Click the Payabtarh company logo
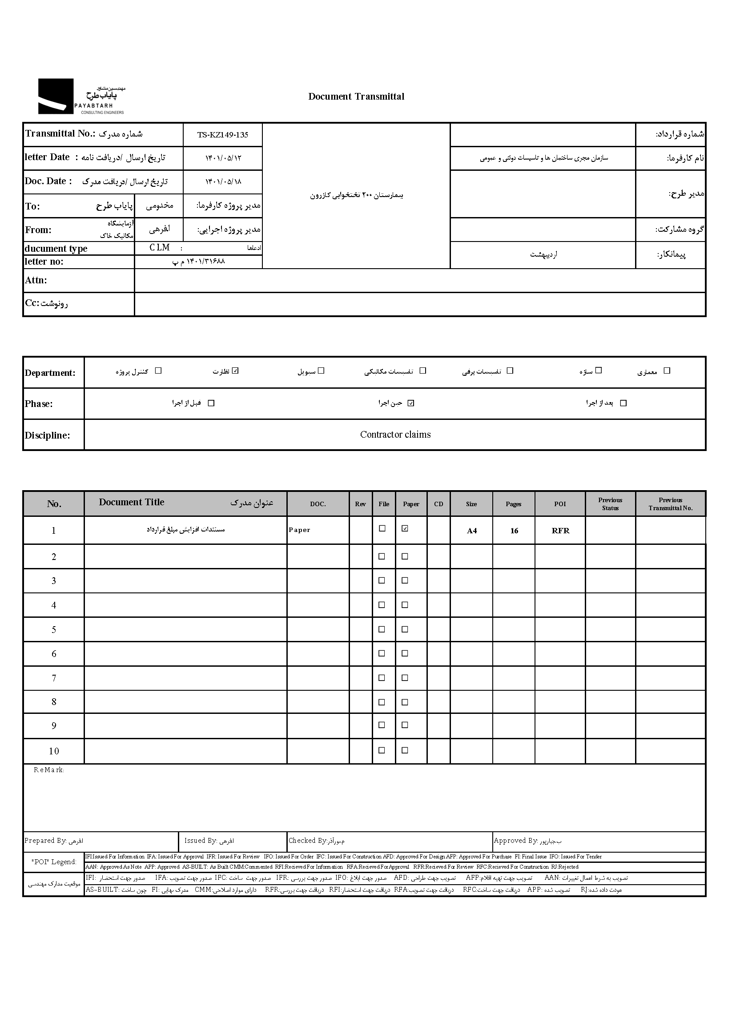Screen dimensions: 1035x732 (81, 97)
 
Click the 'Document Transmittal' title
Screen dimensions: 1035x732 (356, 97)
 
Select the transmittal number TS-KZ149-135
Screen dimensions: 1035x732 (223, 135)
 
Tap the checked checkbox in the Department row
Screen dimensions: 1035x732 (235, 371)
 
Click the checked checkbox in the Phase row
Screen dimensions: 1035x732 (410, 403)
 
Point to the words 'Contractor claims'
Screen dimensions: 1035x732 (395, 435)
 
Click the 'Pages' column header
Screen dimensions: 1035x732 (513, 504)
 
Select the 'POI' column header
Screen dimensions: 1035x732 (560, 504)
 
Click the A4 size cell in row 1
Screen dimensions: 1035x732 (471, 531)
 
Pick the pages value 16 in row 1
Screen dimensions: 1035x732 (514, 531)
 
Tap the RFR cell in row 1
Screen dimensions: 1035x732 (560, 531)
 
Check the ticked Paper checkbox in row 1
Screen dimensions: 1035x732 (405, 528)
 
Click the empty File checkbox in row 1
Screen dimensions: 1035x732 (382, 528)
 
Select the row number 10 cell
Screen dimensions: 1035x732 (54, 751)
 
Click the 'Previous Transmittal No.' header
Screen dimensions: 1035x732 (670, 504)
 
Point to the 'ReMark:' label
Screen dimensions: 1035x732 (48, 770)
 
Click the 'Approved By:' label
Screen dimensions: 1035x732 (515, 841)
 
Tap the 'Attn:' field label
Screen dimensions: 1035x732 (36, 280)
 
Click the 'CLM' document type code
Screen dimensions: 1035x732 (160, 247)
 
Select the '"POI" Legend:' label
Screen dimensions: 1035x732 (54, 862)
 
